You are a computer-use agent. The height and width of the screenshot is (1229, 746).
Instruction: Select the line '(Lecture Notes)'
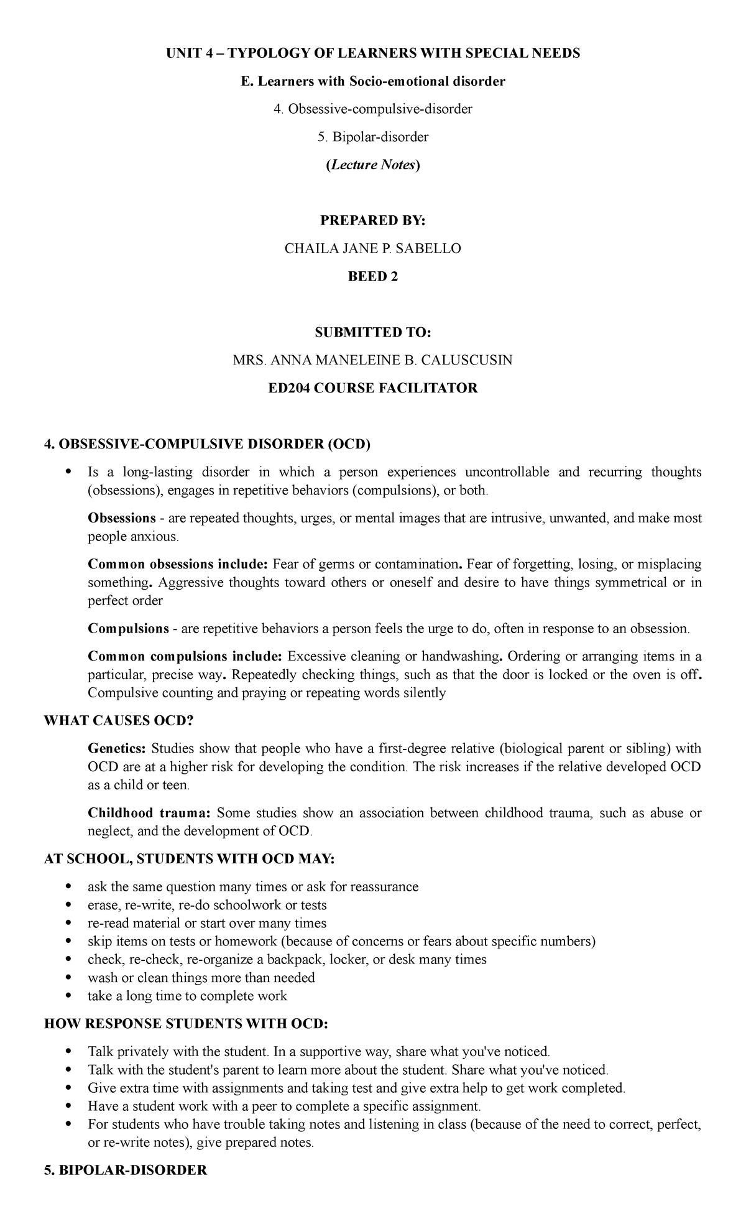pos(372,165)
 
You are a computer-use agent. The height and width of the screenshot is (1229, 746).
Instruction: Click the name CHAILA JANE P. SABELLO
pos(372,249)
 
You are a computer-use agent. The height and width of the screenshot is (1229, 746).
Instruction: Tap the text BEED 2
pos(372,277)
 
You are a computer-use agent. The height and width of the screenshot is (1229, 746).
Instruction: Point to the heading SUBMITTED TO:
pos(372,333)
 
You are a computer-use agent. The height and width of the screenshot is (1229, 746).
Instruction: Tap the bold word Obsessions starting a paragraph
pos(122,518)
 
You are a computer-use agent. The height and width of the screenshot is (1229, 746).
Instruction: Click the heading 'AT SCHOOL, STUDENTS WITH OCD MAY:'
pos(189,860)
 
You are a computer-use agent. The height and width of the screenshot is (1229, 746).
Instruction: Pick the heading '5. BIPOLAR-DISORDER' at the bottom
pos(126,1171)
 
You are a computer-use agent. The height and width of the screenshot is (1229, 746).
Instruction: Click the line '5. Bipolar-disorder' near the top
pos(372,137)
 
